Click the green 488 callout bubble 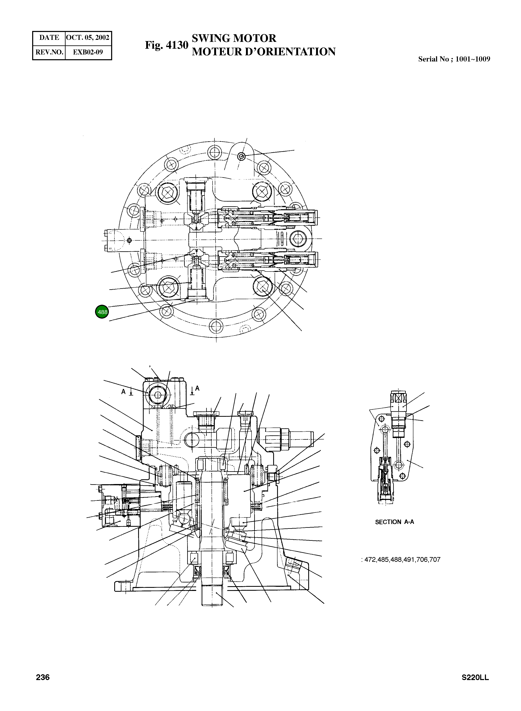click(102, 312)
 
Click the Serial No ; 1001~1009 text click(454, 59)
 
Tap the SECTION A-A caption click(394, 522)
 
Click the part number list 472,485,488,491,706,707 click(402, 560)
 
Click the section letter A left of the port click(124, 391)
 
